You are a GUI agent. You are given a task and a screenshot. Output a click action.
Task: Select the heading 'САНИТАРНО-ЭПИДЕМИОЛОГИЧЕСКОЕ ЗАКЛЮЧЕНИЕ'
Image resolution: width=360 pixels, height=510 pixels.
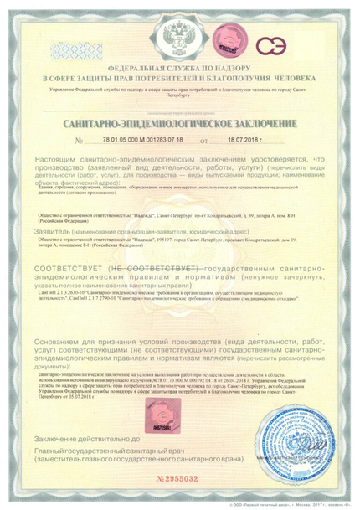[x=181, y=123]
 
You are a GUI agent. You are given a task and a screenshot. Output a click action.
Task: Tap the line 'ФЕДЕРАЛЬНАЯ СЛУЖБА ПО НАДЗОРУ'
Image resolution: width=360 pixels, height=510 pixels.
[x=181, y=68]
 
